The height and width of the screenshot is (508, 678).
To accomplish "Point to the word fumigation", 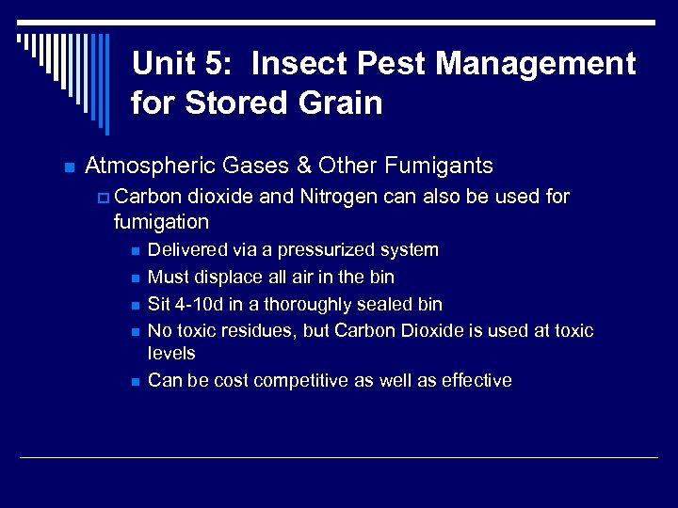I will [x=160, y=222].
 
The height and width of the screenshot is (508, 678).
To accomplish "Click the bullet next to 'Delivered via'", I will [x=136, y=251].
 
